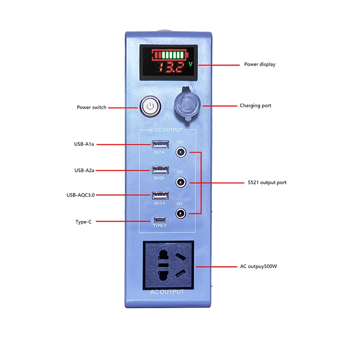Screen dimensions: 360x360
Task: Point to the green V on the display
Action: coord(191,64)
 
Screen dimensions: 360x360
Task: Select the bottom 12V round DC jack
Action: coord(180,214)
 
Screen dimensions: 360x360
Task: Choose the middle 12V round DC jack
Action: coord(180,182)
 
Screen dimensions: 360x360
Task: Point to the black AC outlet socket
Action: coord(168,265)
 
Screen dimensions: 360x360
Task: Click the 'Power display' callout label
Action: coord(260,64)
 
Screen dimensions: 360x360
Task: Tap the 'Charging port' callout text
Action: coord(255,106)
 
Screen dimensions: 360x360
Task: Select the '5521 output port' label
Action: coord(267,182)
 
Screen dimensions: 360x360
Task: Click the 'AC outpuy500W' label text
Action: coord(259,266)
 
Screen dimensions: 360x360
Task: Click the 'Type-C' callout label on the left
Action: coord(83,222)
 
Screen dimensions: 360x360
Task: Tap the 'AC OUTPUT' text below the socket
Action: coord(168,292)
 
